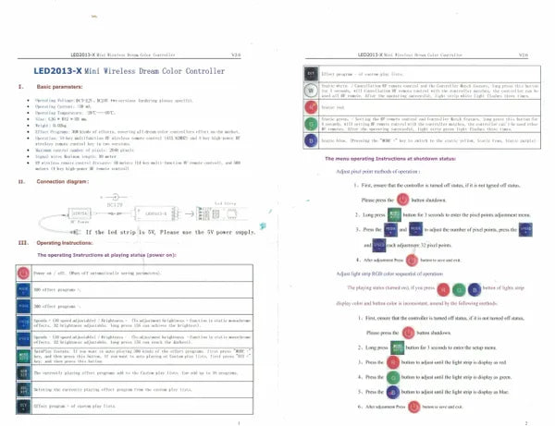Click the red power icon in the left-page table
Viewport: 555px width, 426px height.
pos(23,274)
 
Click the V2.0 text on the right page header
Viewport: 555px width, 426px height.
pos(522,55)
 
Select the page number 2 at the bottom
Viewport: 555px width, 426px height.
pos(524,421)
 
